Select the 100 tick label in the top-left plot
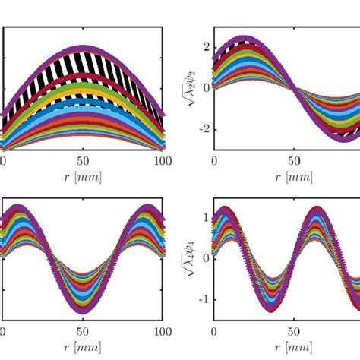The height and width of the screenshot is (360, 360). point(161,161)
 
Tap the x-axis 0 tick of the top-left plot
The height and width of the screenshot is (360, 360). point(4,161)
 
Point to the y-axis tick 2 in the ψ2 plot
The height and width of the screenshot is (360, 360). point(203,46)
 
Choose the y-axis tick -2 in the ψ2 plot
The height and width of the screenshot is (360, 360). point(200,128)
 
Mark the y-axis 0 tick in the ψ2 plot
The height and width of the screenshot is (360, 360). point(203,87)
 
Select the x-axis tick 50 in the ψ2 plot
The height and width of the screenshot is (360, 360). point(292,161)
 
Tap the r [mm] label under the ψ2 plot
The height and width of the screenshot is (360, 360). point(292,177)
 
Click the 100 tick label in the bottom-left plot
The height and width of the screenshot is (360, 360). point(161,333)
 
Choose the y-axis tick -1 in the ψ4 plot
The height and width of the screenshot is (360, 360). point(200,299)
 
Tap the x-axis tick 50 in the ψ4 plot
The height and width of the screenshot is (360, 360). point(292,333)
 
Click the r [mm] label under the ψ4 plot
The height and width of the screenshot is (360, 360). point(292,349)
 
